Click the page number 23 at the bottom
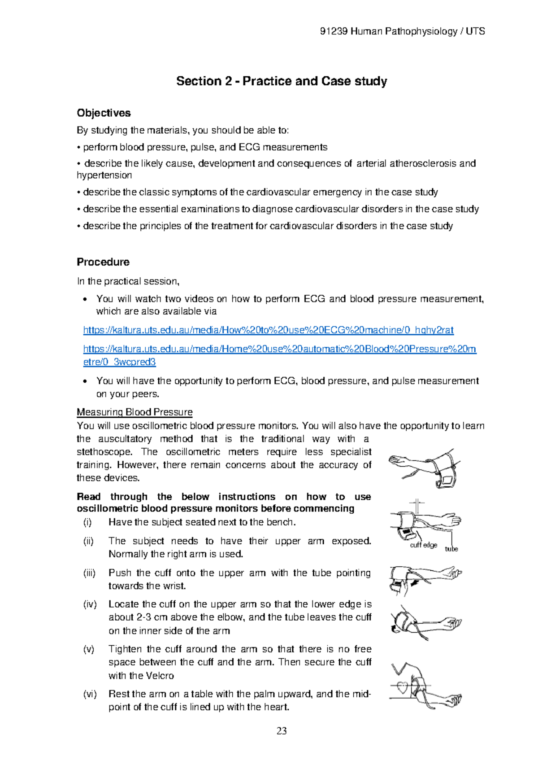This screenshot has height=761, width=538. [282, 731]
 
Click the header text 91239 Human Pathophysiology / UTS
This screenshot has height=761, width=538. [402, 31]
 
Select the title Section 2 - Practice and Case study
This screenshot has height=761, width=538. [282, 81]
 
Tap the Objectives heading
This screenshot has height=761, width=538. [104, 113]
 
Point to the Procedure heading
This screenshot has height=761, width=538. [103, 262]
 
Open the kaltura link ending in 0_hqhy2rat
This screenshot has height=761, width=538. [268, 330]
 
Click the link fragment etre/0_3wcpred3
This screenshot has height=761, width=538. [120, 362]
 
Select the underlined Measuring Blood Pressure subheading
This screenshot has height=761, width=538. [134, 412]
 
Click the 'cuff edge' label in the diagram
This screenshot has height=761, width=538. [423, 545]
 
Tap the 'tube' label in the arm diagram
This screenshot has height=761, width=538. [451, 549]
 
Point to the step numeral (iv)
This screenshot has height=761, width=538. [90, 604]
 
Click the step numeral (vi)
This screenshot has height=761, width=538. [90, 694]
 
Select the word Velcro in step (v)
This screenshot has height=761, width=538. [160, 676]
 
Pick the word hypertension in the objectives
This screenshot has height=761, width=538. [104, 175]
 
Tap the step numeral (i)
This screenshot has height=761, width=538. [87, 522]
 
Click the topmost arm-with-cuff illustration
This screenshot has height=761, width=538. [424, 468]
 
